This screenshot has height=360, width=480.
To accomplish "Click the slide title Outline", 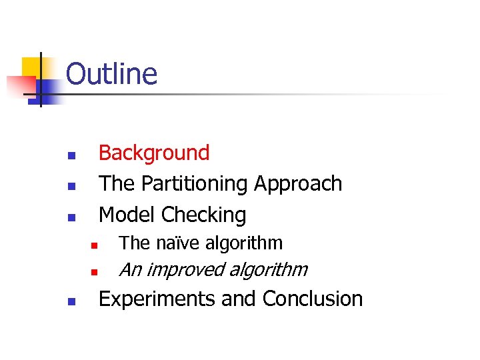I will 111,74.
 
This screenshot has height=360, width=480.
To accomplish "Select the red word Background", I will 154,153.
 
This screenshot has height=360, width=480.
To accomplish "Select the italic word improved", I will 187,270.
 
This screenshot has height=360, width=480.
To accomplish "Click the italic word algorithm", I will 269,270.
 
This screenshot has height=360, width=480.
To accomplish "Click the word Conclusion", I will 313,299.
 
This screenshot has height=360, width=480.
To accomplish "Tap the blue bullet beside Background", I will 71,157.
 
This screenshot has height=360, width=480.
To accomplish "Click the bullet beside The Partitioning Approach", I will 71,187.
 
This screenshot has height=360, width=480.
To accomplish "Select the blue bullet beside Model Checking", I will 71,218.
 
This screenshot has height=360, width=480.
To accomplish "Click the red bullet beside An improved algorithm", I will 95,273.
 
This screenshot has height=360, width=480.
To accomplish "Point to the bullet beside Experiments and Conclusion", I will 71,302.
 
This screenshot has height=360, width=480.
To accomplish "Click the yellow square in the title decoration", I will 31,67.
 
